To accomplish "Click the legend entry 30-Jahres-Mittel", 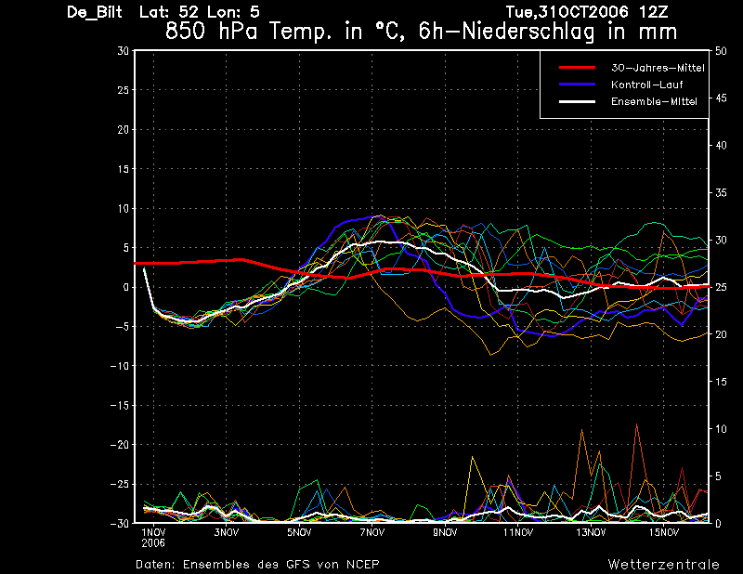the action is [658, 68].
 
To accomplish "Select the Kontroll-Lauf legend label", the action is [646, 85].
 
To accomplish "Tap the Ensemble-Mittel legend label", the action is [654, 101].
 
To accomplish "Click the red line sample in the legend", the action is [577, 68].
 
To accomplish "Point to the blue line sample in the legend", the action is [577, 85].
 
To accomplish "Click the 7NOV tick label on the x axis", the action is [372, 533].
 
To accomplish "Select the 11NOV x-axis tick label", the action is [518, 533].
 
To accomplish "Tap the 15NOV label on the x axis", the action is [664, 533].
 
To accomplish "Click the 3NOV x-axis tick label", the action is [226, 533].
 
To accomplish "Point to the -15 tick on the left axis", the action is [120, 406].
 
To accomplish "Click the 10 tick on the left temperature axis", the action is [123, 209].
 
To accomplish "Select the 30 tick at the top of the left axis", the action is [123, 51].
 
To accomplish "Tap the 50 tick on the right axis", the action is [721, 51].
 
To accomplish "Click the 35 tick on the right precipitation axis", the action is [721, 193].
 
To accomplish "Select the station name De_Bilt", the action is [95, 12].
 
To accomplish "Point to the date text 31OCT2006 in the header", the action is [583, 12].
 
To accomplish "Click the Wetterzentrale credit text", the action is [664, 565].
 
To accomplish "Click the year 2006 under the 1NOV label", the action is [153, 543].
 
